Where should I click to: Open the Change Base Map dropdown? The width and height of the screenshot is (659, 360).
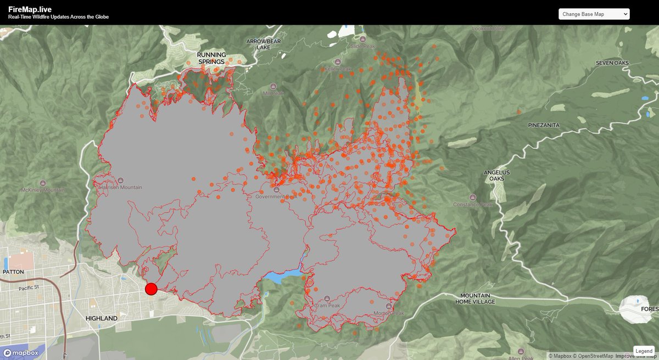pos(594,14)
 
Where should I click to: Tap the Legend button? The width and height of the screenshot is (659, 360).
pos(644,351)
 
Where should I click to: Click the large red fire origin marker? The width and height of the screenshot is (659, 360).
pos(151,289)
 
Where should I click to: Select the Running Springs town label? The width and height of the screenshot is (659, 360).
pos(211,58)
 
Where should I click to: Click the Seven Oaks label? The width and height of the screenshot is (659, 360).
pos(612,63)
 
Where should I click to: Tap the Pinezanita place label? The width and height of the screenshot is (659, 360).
pos(544,125)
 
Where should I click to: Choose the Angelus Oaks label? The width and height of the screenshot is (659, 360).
pos(496,176)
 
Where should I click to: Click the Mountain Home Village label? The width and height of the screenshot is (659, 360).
pos(475,299)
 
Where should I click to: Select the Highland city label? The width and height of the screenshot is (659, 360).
pos(102,318)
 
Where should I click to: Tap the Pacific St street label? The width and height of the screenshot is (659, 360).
pos(30,288)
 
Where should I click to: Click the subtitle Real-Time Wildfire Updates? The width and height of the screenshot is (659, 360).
pos(58,17)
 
